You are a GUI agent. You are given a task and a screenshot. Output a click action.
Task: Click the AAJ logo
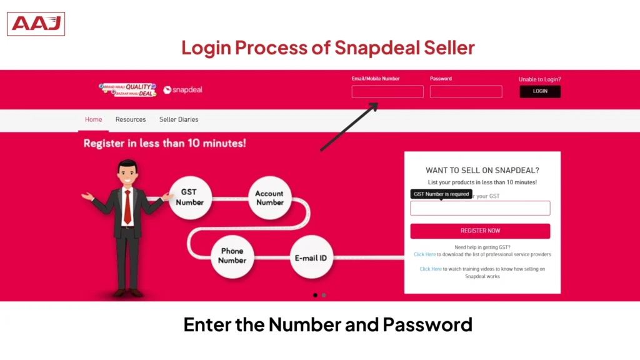(36, 24)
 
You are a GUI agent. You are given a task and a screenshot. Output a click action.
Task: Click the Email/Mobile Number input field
(387, 92)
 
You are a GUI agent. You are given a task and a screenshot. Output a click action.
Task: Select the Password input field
(466, 92)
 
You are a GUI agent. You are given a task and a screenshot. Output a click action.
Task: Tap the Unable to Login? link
(539, 79)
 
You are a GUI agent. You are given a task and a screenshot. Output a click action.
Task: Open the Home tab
(93, 119)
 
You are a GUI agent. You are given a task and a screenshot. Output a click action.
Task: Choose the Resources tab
(131, 119)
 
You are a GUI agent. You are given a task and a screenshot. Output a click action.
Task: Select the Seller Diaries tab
(179, 119)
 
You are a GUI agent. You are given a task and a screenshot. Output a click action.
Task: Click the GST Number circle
(189, 197)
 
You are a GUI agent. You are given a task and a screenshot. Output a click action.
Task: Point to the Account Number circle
(269, 197)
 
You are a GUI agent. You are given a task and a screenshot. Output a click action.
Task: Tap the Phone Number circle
(232, 256)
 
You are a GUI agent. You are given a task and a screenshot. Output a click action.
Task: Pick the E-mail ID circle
(311, 257)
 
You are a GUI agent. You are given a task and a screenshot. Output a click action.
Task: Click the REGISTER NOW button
(480, 231)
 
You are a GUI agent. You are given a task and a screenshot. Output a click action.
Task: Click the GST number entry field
(480, 208)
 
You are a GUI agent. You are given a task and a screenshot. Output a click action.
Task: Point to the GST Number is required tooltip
(441, 194)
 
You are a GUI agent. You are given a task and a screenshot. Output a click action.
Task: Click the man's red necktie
(127, 206)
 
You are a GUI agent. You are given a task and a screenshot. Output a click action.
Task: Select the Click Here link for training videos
(431, 269)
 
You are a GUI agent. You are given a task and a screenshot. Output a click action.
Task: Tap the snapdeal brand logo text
(183, 90)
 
